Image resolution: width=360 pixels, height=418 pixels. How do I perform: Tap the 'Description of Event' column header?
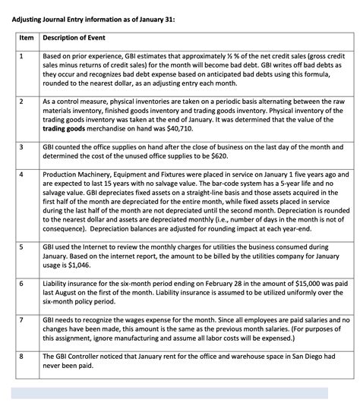75,38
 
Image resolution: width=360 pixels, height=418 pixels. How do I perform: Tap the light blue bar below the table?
169,392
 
